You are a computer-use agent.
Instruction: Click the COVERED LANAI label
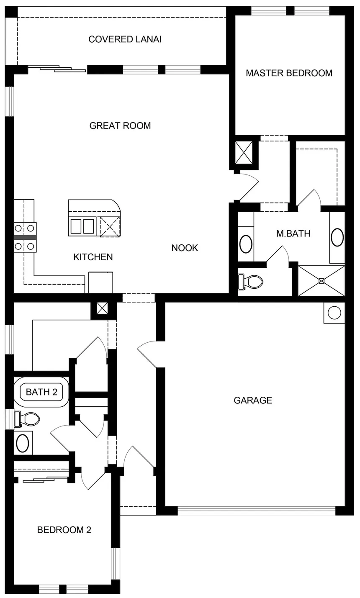pyautogui.click(x=125, y=39)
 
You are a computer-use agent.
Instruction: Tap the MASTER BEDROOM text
pyautogui.click(x=289, y=73)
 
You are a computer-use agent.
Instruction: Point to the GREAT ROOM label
pyautogui.click(x=120, y=126)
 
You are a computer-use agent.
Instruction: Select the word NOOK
pyautogui.click(x=185, y=248)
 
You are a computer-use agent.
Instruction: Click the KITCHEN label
pyautogui.click(x=93, y=257)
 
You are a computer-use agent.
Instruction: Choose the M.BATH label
pyautogui.click(x=293, y=234)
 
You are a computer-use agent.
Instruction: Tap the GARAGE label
pyautogui.click(x=253, y=400)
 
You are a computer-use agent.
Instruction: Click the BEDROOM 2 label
pyautogui.click(x=64, y=530)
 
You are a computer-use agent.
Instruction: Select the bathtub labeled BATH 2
pyautogui.click(x=41, y=392)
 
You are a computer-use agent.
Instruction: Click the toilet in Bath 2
pyautogui.click(x=27, y=419)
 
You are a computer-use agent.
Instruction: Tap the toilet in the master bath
pyautogui.click(x=250, y=281)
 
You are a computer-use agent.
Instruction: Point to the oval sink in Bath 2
pyautogui.click(x=23, y=443)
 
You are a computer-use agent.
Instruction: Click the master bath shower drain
pyautogui.click(x=321, y=280)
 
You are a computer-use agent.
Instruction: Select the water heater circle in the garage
pyautogui.click(x=334, y=313)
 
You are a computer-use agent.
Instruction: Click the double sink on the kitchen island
pyautogui.click(x=82, y=226)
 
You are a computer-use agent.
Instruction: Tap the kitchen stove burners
pyautogui.click(x=25, y=237)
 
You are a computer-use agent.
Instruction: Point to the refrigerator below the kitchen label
pyautogui.click(x=100, y=282)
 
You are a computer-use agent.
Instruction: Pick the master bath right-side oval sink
pyautogui.click(x=337, y=237)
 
